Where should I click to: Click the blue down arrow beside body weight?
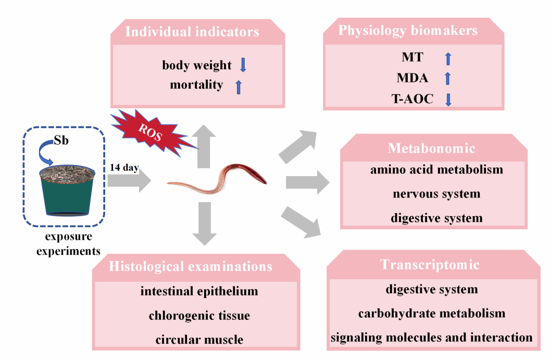(x=243, y=65)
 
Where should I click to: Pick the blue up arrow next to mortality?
(x=239, y=85)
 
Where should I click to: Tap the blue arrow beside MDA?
(x=448, y=78)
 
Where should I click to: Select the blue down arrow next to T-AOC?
(x=448, y=98)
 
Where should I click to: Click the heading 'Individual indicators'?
(x=193, y=32)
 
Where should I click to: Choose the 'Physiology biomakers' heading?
(x=408, y=30)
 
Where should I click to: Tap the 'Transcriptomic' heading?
(x=430, y=264)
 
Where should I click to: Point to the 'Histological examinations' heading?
(x=191, y=267)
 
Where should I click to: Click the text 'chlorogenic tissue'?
(x=199, y=316)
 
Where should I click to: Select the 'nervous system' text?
(x=436, y=194)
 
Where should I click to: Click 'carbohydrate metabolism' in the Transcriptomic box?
(x=432, y=313)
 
